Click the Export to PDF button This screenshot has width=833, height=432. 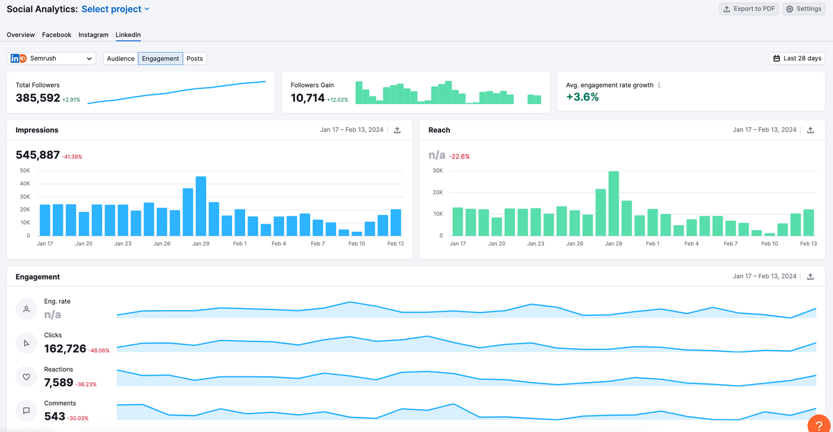(749, 9)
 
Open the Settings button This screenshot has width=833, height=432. (803, 9)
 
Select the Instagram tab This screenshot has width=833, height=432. (93, 35)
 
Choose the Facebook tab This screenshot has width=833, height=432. (57, 35)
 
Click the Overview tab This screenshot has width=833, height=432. (21, 35)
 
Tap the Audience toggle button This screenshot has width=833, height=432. (120, 58)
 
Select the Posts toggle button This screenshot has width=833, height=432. (195, 58)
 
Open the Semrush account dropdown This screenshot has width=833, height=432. (52, 58)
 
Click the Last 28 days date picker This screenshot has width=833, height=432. (797, 58)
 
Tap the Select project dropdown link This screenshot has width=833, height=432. (115, 9)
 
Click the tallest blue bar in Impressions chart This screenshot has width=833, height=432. (201, 206)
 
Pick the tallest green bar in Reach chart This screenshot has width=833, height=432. (614, 203)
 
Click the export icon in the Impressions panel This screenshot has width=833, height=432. (397, 130)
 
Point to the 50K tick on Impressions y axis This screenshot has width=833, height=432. (25, 170)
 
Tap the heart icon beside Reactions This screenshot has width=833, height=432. (26, 377)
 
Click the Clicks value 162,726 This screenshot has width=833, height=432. (65, 349)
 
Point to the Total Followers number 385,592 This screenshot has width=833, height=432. (38, 98)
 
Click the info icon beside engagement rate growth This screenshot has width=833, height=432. (659, 85)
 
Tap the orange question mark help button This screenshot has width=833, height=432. (819, 425)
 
